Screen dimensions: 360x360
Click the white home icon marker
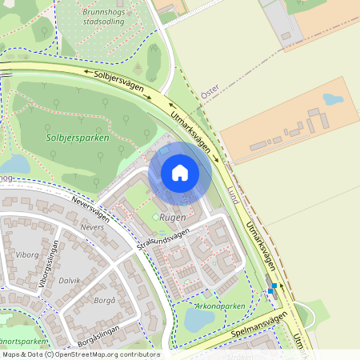pos(180,173)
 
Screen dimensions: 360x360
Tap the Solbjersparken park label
pos(77,138)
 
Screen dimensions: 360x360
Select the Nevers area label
pos(93,226)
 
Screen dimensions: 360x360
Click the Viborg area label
pos(26,255)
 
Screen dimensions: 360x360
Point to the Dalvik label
pos(70,281)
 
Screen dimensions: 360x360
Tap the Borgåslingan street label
pos(93,323)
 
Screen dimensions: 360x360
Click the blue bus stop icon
pos(273,287)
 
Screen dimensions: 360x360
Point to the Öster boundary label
pos(210,94)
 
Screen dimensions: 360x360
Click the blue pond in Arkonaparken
pos(199,319)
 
